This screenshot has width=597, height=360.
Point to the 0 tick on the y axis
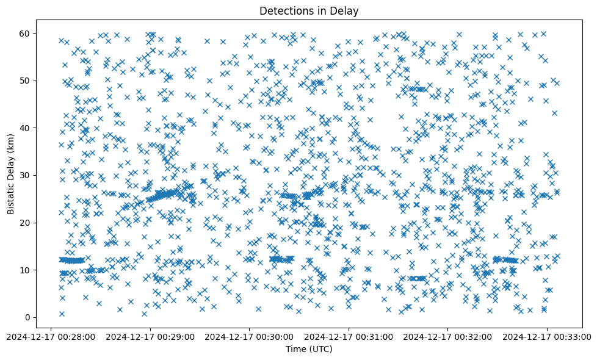(27, 317)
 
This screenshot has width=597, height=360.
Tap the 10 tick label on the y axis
(25, 270)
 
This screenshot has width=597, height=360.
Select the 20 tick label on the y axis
(25, 223)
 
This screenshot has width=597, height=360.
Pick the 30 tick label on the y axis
(25, 175)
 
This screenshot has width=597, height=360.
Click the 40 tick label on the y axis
(25, 128)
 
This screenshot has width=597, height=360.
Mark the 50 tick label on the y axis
(25, 81)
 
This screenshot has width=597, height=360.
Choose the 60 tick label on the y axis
(25, 33)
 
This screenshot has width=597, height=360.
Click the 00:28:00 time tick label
(51, 335)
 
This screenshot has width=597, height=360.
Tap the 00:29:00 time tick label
(150, 335)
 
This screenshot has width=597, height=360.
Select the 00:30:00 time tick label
(250, 335)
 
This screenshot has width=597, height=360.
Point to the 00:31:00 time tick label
(349, 335)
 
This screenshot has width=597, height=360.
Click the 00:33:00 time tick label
(547, 335)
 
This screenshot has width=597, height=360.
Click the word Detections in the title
(283, 10)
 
